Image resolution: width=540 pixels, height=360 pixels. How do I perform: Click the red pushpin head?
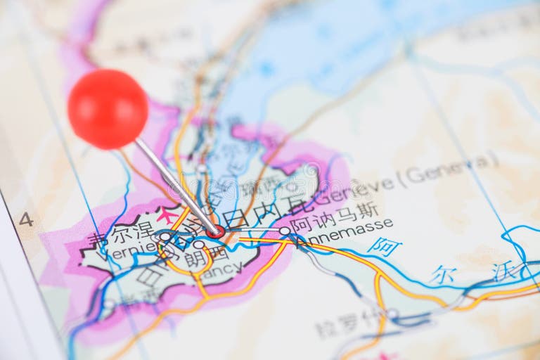108,109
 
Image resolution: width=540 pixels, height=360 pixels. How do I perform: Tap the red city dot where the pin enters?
217,231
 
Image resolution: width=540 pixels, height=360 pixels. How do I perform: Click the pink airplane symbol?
167,214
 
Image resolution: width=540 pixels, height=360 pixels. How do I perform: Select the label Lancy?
210,268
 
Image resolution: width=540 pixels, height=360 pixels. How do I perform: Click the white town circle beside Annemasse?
284,231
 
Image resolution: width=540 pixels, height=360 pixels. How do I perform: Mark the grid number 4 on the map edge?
26,219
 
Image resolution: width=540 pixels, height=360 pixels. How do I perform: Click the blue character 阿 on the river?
385,247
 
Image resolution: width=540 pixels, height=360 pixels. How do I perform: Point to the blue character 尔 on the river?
443,274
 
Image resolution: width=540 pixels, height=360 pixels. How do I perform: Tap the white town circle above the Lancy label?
199,245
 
